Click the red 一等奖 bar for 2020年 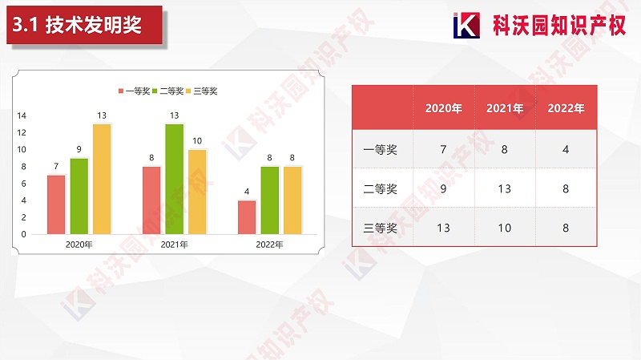(x=56, y=204)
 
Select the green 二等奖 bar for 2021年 (x=174, y=179)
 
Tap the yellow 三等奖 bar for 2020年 (x=102, y=179)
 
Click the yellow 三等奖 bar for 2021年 (x=197, y=192)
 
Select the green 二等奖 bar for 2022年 (x=270, y=200)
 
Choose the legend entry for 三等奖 (x=202, y=91)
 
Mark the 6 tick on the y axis (x=23, y=184)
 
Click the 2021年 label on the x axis (x=174, y=245)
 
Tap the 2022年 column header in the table (x=566, y=108)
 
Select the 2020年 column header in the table (x=443, y=108)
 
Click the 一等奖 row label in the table (x=381, y=149)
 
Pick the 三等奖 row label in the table (x=381, y=228)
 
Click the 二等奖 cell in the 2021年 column (x=505, y=189)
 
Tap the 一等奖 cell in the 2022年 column (x=566, y=149)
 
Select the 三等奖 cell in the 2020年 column (x=443, y=228)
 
